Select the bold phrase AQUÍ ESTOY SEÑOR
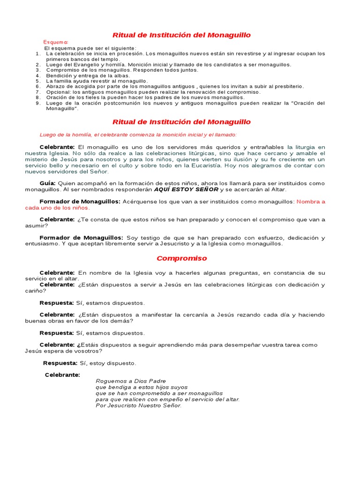(187, 189)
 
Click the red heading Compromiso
(181, 258)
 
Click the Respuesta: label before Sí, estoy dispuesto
(60, 363)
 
